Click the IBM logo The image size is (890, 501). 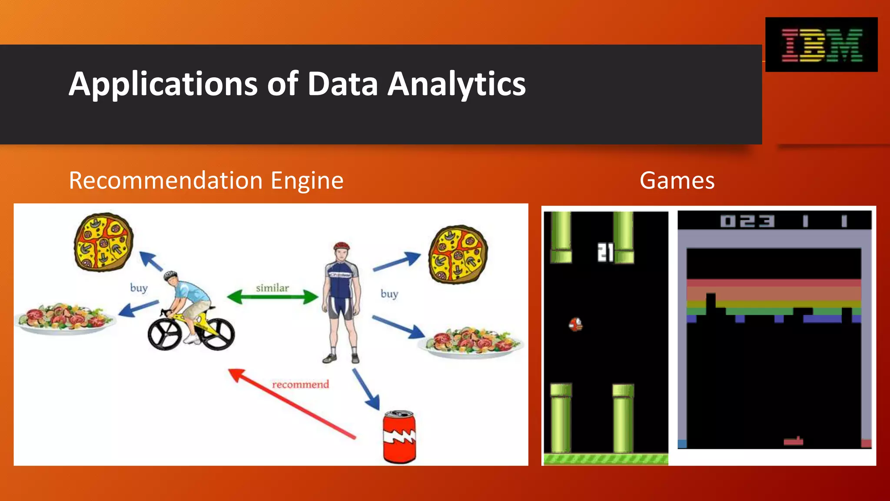coord(821,45)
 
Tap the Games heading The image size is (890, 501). coord(677,180)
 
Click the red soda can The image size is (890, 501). coord(399,437)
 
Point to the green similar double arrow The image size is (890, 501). coord(272,297)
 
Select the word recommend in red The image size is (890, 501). coord(300,384)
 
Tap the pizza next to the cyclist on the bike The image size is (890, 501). coord(103,242)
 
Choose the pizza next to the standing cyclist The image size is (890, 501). coord(458,254)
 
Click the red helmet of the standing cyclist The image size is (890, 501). coord(342,246)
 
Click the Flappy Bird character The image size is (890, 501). coord(576,324)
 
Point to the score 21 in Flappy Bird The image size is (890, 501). coord(605,252)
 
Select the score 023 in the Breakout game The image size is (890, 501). coord(747,221)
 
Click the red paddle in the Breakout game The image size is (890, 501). coord(793,442)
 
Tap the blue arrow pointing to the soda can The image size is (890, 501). coord(365,389)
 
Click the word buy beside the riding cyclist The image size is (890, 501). coord(139,288)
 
